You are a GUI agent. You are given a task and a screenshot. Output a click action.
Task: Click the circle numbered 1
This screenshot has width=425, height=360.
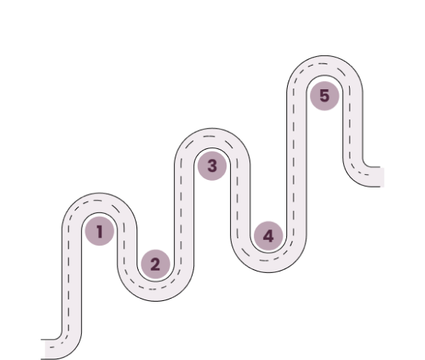[100, 231]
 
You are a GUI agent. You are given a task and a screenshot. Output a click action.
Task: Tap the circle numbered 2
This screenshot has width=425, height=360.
[156, 264]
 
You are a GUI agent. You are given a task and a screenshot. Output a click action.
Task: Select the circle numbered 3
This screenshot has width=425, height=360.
[212, 166]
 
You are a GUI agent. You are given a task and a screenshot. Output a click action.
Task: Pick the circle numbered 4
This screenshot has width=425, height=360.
[269, 236]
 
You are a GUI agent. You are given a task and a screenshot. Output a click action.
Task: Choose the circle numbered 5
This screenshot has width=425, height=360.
[325, 96]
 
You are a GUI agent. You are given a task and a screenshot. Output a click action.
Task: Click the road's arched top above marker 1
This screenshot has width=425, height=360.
[99, 203]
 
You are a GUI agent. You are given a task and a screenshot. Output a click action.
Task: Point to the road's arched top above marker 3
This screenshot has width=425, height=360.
[212, 138]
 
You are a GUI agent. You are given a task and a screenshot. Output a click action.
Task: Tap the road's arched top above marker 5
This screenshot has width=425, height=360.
[325, 66]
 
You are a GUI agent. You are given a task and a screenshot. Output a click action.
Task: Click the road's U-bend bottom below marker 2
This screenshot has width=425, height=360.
[156, 291]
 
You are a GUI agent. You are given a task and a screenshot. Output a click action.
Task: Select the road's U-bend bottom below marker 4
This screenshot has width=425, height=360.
[269, 263]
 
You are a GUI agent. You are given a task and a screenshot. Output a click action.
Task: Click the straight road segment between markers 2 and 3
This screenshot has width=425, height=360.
[184, 214]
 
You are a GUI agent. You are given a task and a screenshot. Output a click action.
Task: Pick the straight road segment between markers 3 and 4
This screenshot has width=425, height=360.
[240, 201]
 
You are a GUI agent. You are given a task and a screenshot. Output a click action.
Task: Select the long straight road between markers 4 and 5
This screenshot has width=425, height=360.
[297, 164]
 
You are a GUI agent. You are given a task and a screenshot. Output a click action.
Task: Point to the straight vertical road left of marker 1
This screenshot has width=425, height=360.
[72, 280]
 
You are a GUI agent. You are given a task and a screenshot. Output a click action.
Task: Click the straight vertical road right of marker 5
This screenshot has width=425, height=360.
[353, 125]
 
